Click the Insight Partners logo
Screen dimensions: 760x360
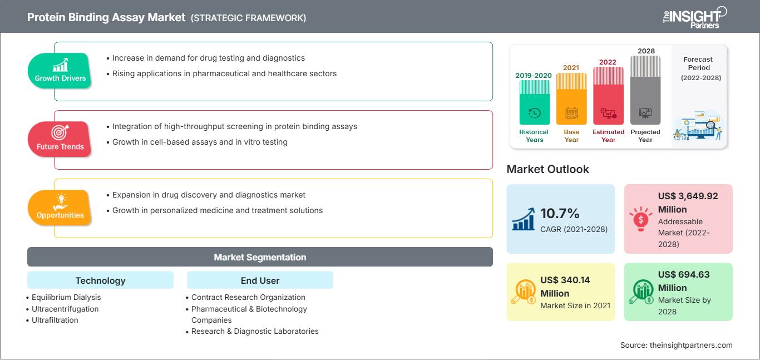695,18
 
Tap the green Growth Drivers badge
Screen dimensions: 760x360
60,71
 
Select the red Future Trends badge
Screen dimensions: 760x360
60,139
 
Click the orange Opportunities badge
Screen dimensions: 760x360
60,208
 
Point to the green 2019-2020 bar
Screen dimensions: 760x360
534,102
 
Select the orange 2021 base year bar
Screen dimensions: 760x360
571,98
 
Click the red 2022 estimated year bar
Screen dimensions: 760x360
608,96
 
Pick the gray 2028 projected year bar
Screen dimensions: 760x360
645,90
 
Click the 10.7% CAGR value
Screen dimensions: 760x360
560,214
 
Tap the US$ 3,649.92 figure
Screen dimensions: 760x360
688,196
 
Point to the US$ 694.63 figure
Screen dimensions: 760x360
684,274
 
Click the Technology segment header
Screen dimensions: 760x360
101,280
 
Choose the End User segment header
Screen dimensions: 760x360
260,280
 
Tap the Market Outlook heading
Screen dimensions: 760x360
547,169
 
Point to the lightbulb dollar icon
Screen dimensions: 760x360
640,219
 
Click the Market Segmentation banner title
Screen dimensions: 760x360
260,257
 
